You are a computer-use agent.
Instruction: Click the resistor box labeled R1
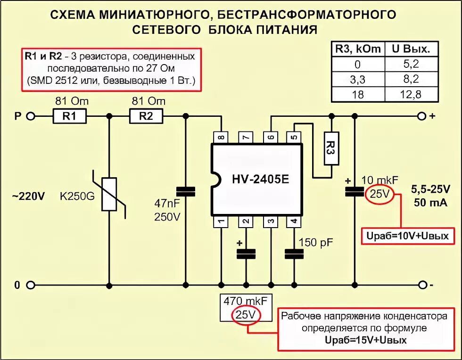click(69, 116)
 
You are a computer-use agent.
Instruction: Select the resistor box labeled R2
click(146, 116)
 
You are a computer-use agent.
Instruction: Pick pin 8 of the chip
click(221, 137)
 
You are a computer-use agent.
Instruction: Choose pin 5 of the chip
click(294, 137)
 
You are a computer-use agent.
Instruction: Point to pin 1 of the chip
click(221, 221)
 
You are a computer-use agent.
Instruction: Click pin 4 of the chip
click(294, 221)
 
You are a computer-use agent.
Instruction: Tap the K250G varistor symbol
click(109, 194)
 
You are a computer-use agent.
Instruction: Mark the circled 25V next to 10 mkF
click(380, 194)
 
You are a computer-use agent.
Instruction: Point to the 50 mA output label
click(431, 203)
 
